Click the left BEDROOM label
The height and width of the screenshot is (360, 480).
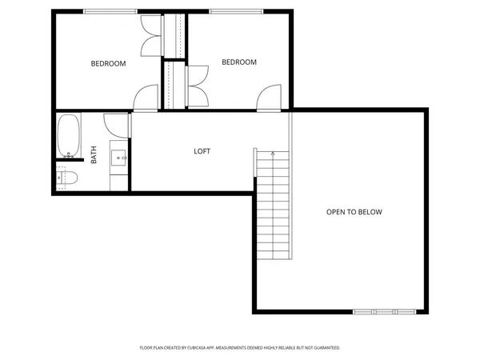coord(108,64)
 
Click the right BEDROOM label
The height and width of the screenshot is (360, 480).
coord(239,62)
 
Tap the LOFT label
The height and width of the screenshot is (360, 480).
coord(202,151)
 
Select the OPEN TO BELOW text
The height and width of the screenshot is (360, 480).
coord(354,212)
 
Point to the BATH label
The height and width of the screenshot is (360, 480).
coord(94,154)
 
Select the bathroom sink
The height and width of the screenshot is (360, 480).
coord(120,158)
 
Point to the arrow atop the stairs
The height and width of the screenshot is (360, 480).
coord(273,154)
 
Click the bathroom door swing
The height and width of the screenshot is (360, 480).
coord(118,124)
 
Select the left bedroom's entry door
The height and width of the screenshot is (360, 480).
coord(146,98)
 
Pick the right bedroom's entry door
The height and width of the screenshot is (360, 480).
coord(269,98)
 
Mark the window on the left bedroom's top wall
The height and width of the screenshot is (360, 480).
coord(109,11)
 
